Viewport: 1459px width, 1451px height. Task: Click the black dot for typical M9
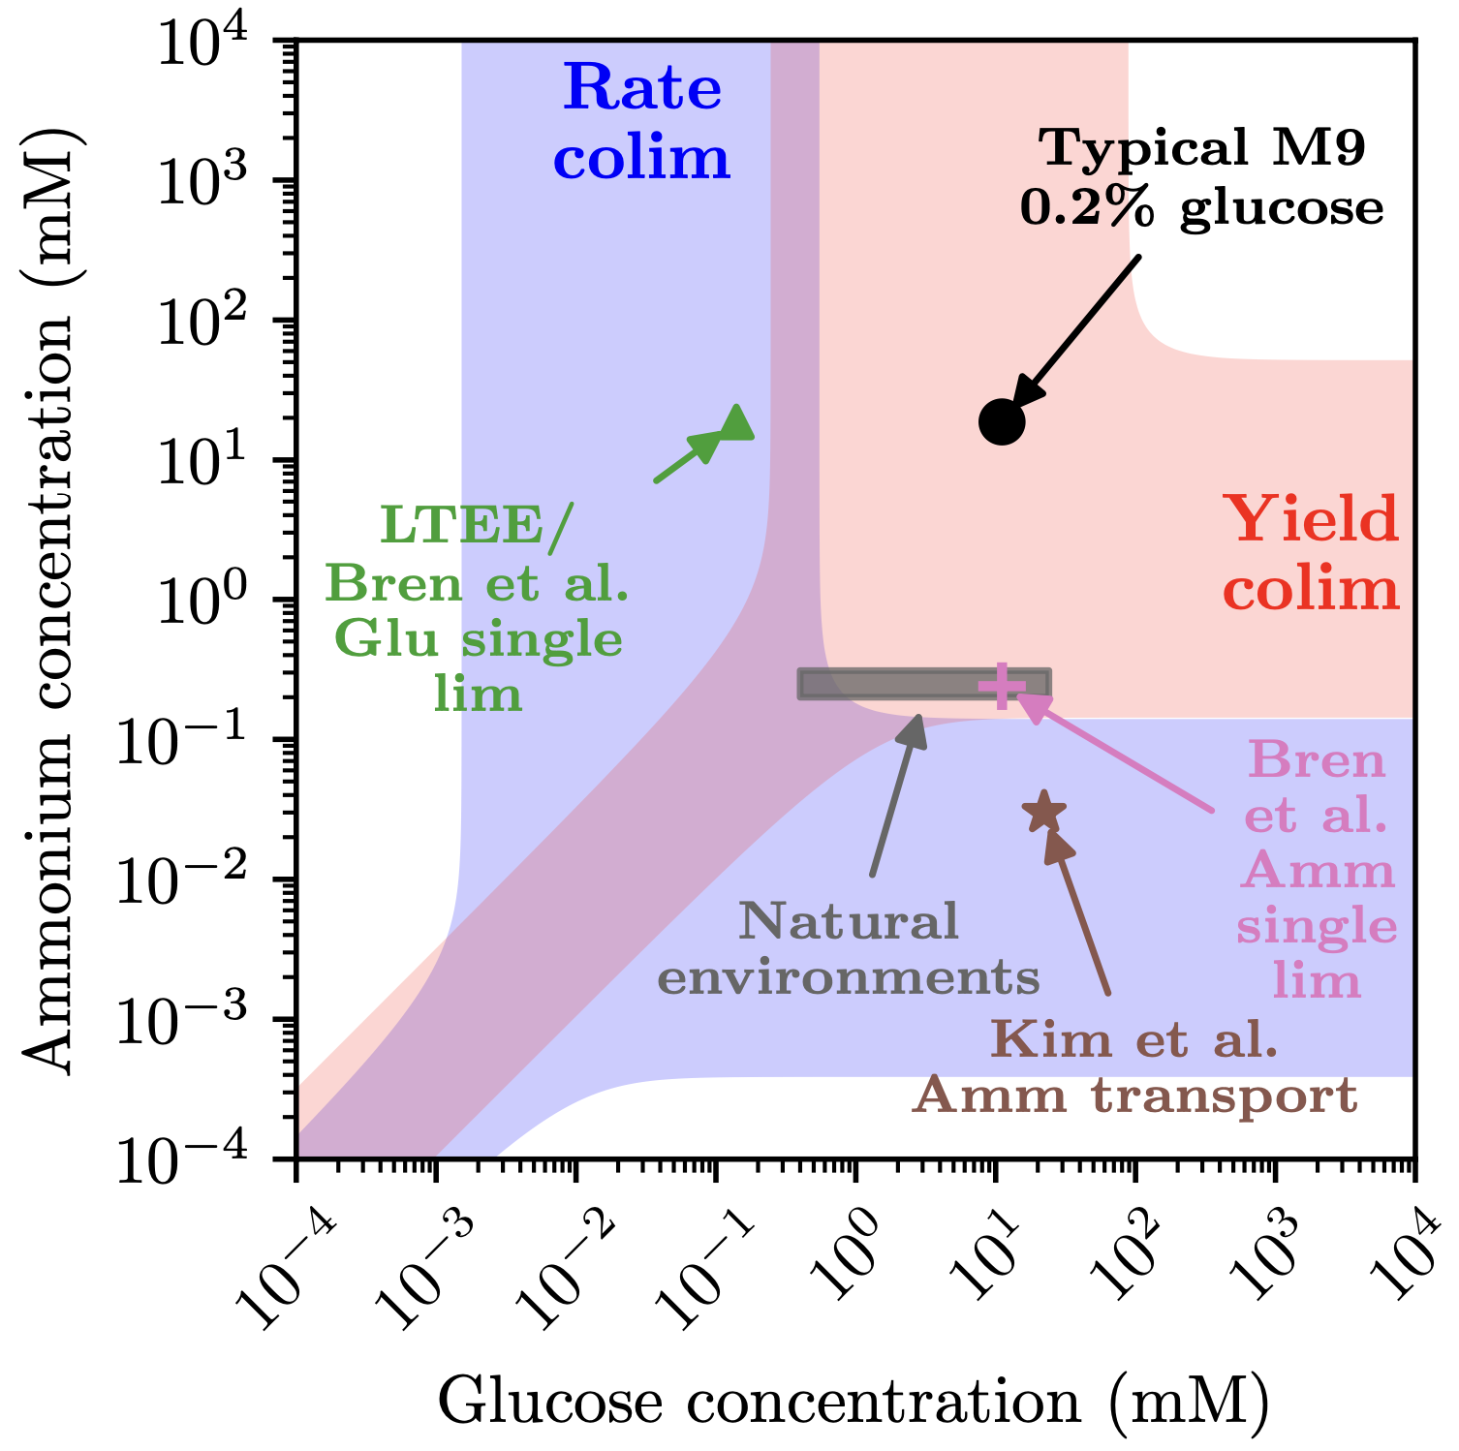(x=1002, y=422)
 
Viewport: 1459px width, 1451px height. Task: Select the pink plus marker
(x=1002, y=686)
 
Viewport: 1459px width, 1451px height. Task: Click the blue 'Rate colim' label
(x=641, y=122)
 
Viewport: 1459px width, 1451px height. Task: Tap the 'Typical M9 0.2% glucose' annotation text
(x=1201, y=178)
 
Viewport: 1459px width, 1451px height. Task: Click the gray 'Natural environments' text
(x=849, y=949)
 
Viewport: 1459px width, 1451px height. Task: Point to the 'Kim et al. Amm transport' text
(x=1135, y=1067)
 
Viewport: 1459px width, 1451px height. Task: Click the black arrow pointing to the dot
(x=1075, y=329)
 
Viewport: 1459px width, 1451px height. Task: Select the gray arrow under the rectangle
(x=896, y=794)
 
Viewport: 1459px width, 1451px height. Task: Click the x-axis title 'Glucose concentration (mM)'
(x=853, y=1401)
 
